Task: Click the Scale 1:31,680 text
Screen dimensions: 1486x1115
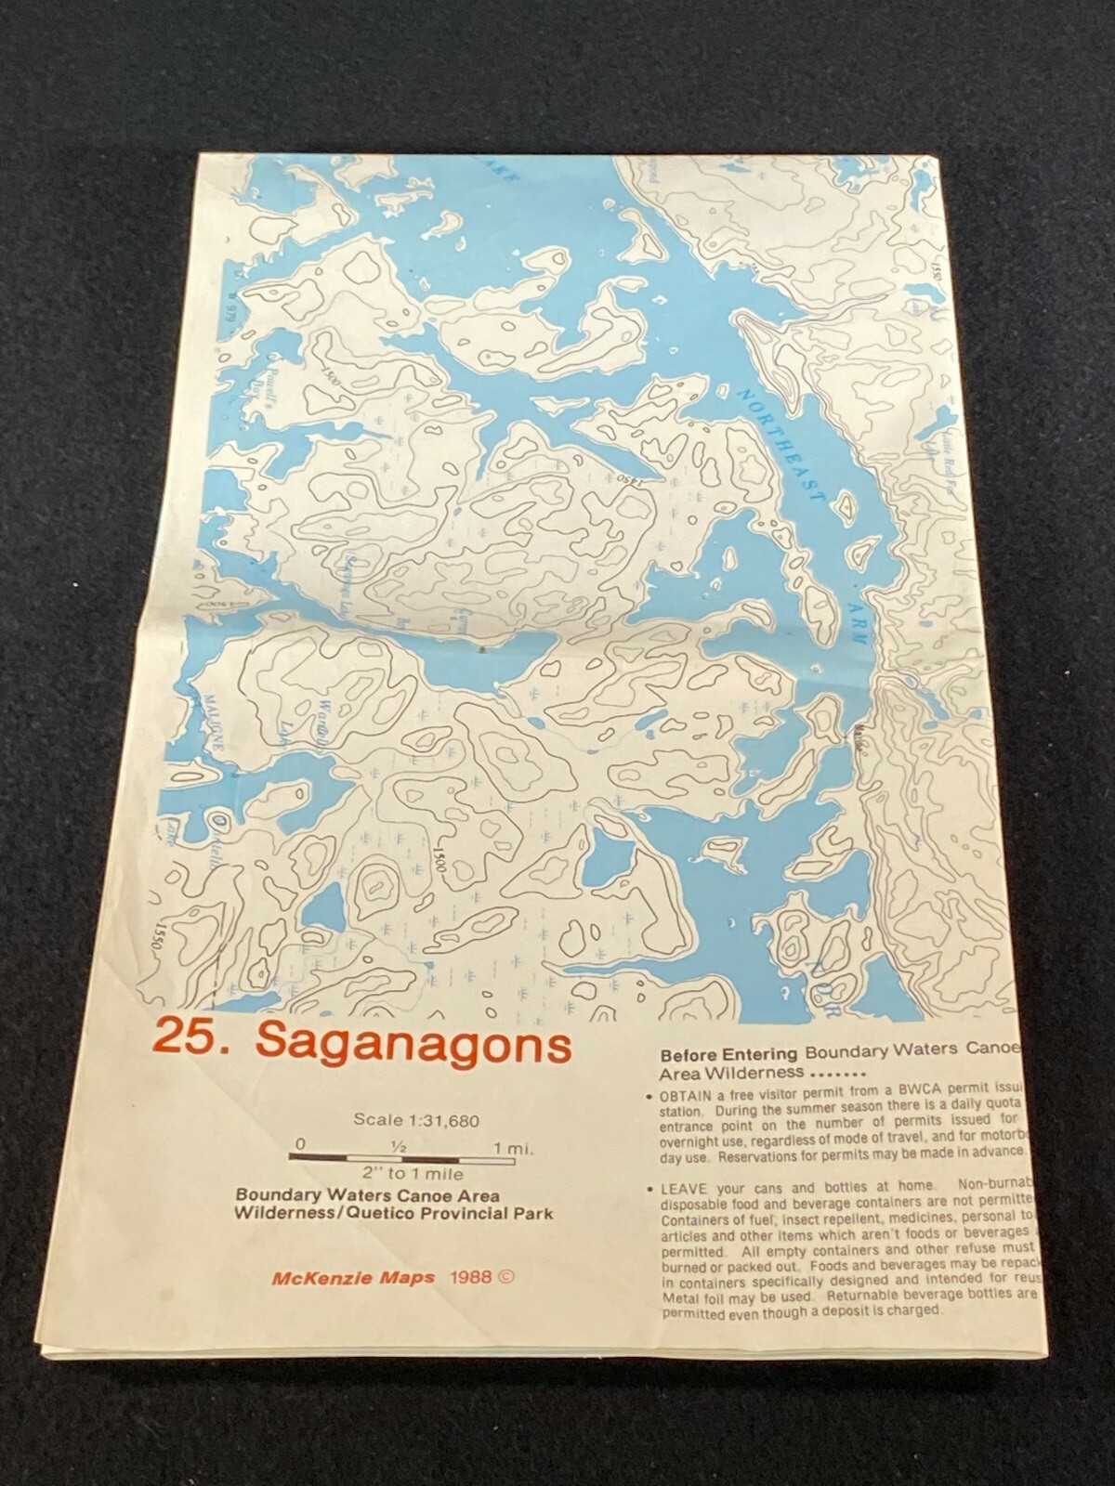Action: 416,1120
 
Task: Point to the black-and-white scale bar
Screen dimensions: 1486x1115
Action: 401,1158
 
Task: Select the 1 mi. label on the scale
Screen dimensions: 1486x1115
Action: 513,1149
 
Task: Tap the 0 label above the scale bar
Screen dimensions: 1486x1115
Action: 298,1143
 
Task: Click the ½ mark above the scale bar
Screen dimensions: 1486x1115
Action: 398,1147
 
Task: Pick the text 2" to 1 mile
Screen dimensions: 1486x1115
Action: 402,1175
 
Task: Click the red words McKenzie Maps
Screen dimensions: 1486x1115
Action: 353,1277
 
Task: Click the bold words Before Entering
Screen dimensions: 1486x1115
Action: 728,1054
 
